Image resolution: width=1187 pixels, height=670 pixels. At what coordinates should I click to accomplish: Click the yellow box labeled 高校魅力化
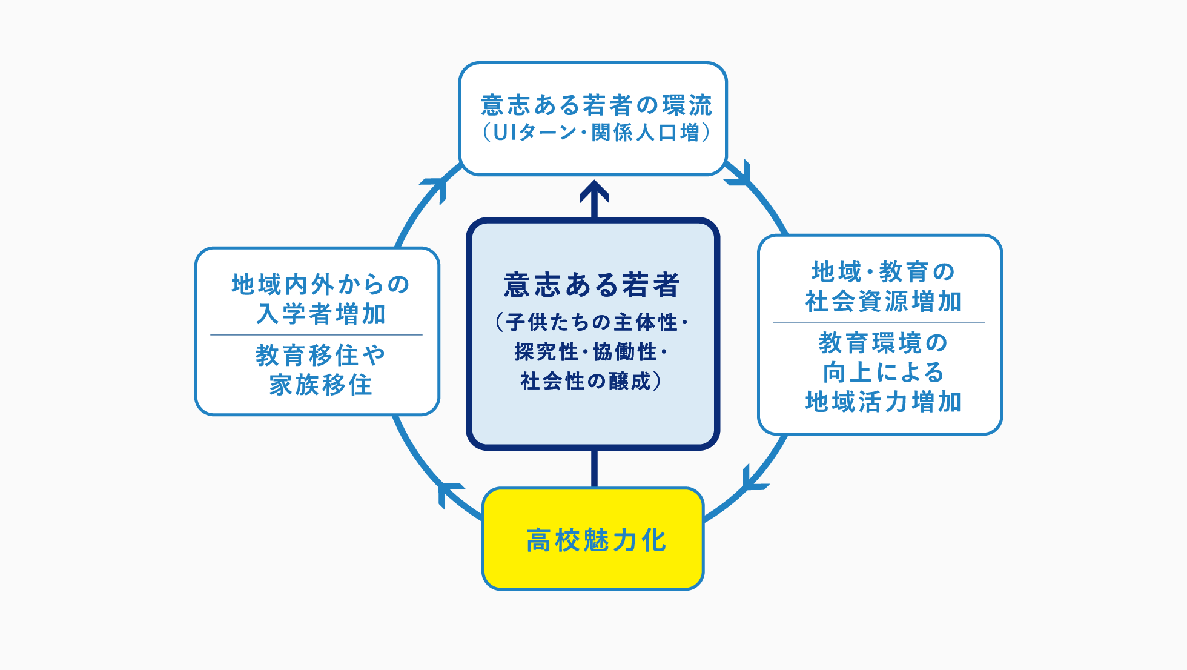tap(593, 539)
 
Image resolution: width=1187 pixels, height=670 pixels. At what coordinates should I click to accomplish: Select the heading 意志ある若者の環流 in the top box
tap(596, 105)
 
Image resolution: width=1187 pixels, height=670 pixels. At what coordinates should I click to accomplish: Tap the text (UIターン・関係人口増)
tap(596, 133)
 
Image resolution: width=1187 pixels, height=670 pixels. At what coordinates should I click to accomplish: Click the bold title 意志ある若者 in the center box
tap(592, 285)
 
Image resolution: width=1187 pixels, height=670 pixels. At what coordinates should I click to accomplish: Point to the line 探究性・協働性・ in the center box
tap(590, 352)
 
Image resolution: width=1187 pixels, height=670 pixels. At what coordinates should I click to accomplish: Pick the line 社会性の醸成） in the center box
tap(590, 381)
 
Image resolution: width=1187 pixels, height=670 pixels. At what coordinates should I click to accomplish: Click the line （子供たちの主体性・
tap(592, 322)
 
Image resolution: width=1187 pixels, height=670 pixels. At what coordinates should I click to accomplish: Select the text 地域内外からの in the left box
tap(320, 284)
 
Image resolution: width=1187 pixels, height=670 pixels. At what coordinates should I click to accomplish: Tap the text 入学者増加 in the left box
tap(320, 314)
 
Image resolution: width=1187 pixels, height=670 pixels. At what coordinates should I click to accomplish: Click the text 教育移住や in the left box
tap(320, 356)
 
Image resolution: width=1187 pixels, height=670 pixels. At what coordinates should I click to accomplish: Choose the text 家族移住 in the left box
tap(320, 385)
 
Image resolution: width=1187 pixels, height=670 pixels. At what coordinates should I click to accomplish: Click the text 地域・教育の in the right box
tap(883, 272)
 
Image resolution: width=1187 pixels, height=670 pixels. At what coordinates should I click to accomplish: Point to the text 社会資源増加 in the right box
tap(883, 301)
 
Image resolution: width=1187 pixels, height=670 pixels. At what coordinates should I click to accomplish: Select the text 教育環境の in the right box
tap(883, 343)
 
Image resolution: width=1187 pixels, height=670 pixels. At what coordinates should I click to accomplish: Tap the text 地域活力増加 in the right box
tap(883, 402)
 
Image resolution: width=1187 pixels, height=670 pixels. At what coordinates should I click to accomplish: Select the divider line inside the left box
tap(316, 335)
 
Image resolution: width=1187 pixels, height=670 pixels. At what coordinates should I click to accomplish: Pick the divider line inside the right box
tap(879, 322)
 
